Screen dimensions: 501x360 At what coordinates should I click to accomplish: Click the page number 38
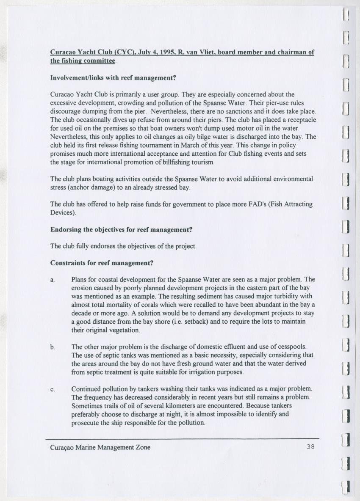click(x=310, y=447)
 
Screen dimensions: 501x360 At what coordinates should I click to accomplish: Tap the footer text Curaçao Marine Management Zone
click(x=100, y=447)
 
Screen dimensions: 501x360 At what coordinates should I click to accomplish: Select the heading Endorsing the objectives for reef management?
click(x=122, y=230)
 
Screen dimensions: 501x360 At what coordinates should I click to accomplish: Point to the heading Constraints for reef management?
click(x=102, y=263)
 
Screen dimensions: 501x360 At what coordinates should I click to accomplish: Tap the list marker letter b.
click(x=53, y=347)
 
